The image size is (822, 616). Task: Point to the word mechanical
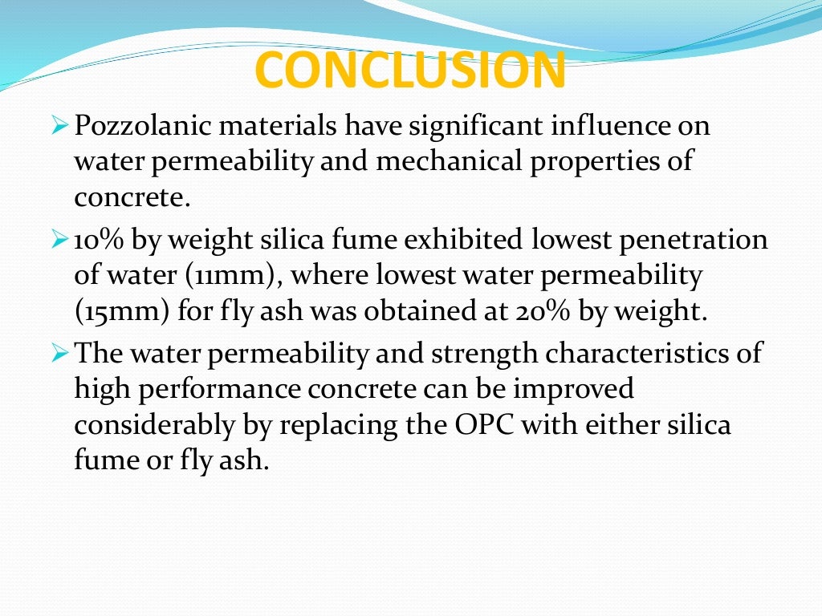point(455,160)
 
